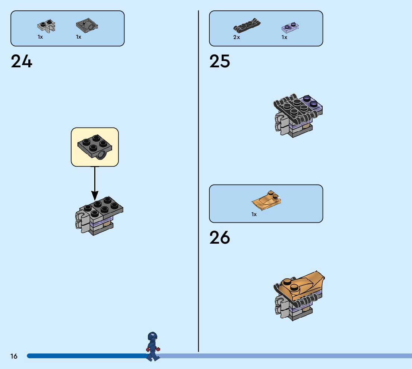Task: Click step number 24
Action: pos(22,61)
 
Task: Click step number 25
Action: pos(220,61)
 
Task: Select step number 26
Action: pos(220,238)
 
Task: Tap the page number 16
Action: pos(14,356)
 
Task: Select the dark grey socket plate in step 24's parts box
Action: pos(87,26)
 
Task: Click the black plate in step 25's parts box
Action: pos(247,25)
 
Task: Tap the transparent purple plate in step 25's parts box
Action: pos(291,27)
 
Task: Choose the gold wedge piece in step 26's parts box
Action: pos(266,200)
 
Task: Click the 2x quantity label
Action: pos(237,37)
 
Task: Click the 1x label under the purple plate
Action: pos(284,37)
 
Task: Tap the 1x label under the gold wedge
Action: pos(254,214)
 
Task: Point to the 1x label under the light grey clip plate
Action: pos(40,37)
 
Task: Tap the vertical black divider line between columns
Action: pos(198,179)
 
